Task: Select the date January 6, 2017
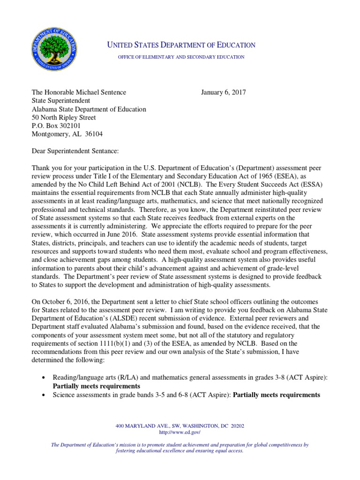coord(223,92)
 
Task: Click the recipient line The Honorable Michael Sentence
coord(79,92)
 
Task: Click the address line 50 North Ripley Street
coord(63,117)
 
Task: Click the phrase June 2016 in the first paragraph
coord(123,234)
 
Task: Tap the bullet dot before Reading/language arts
coord(44,378)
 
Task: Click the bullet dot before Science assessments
coord(44,395)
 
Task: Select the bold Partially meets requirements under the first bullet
coord(97,386)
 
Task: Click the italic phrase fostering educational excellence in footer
coord(142,450)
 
